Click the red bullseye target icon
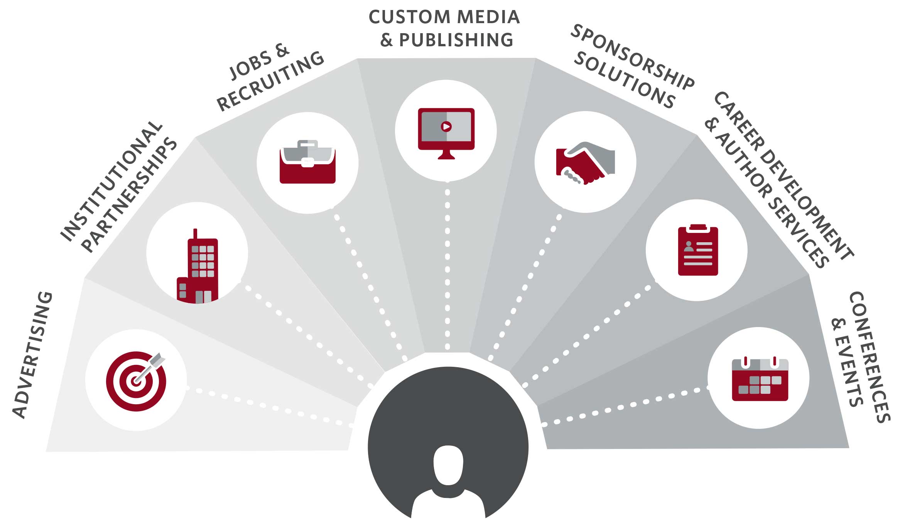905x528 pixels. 136,381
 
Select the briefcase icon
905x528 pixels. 307,162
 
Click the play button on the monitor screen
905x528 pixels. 446,126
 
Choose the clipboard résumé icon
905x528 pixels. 698,251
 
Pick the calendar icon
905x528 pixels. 760,380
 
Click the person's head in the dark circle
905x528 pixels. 448,465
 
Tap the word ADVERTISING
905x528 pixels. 32,355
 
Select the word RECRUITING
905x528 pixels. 270,81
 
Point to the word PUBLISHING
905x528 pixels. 456,40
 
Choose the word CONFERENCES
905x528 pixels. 870,357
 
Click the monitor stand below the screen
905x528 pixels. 446,155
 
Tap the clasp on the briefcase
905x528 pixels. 307,163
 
